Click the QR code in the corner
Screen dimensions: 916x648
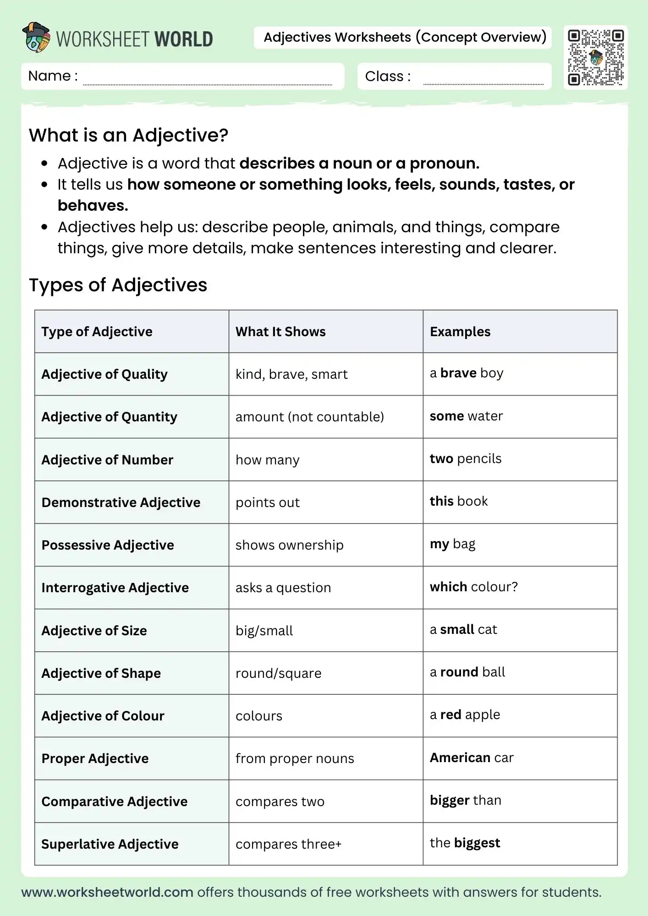595,57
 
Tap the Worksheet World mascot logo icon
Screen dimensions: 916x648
36,37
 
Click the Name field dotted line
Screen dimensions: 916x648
207,84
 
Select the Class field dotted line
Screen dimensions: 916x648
483,84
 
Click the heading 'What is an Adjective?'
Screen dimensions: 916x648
128,135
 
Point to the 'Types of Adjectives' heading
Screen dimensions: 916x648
118,285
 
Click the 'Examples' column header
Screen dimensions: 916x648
460,332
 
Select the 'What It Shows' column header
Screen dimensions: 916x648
280,332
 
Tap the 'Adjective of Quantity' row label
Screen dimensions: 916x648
109,417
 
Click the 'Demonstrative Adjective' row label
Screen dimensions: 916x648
121,502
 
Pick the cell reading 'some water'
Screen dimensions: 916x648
466,416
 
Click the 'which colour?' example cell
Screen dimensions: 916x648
473,587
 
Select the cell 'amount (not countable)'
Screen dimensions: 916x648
310,417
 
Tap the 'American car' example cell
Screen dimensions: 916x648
472,758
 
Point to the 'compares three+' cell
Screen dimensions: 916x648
289,844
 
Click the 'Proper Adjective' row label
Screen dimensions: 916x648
95,758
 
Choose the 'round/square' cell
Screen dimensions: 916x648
279,673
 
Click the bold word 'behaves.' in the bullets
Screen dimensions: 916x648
93,206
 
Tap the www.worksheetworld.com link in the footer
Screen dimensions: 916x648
107,892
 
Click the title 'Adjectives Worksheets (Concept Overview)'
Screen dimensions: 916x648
405,37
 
